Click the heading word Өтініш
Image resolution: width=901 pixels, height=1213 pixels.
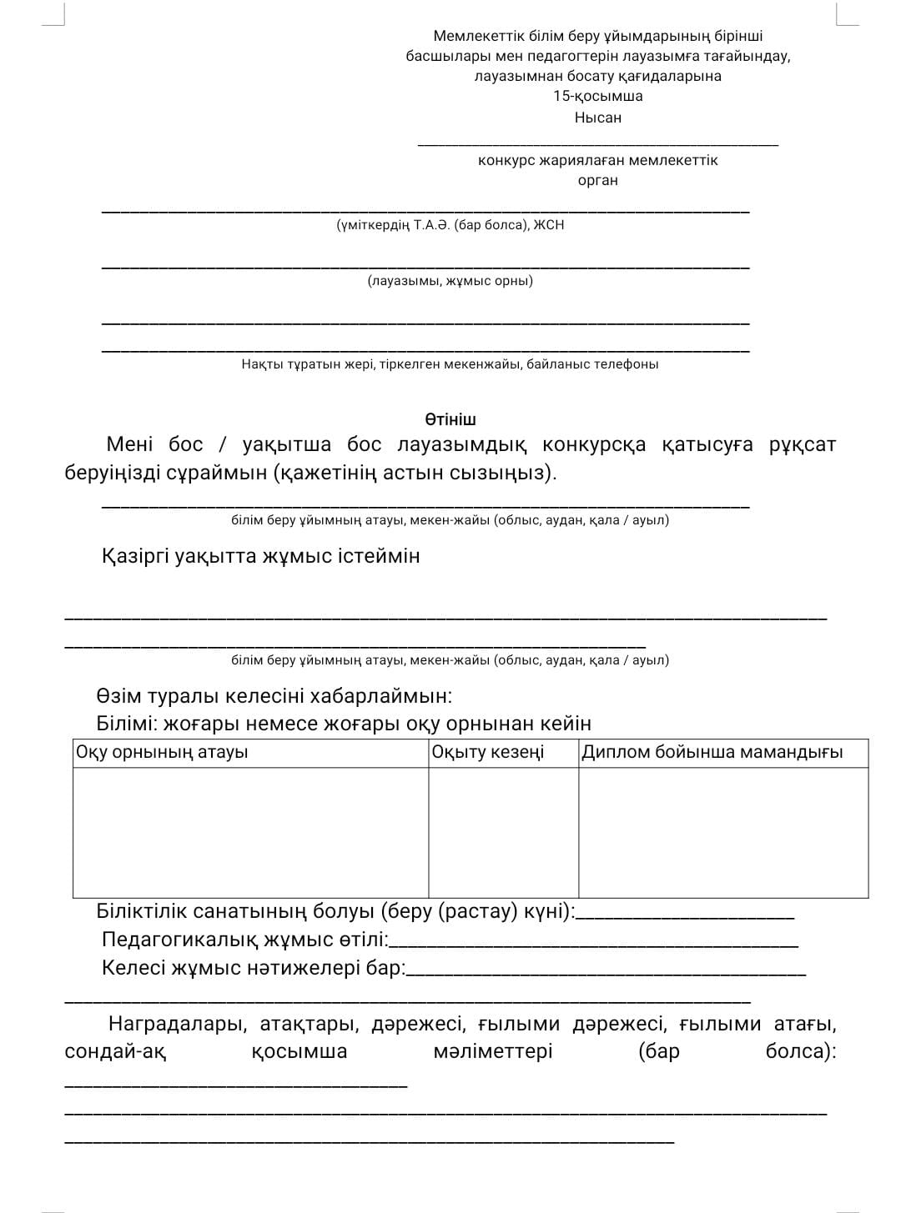[x=450, y=419]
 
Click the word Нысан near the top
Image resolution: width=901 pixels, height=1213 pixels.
[x=597, y=118]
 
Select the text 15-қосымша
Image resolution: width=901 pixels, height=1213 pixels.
[x=597, y=96]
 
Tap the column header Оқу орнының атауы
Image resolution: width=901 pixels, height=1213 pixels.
[x=162, y=752]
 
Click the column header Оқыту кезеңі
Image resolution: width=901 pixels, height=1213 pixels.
[x=487, y=752]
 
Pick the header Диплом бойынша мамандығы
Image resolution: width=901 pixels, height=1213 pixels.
[x=712, y=752]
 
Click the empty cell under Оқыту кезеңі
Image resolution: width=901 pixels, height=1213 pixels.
[x=503, y=832]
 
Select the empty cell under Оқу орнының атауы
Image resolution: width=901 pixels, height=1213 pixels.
[x=250, y=832]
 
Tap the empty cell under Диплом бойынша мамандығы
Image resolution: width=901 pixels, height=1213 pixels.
[x=723, y=832]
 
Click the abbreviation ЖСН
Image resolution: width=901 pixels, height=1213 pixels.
[x=549, y=225]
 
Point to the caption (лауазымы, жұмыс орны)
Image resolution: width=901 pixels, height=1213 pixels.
[x=450, y=281]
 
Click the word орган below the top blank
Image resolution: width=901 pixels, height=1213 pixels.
[x=597, y=180]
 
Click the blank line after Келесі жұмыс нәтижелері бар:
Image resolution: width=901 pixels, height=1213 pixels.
[x=606, y=971]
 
